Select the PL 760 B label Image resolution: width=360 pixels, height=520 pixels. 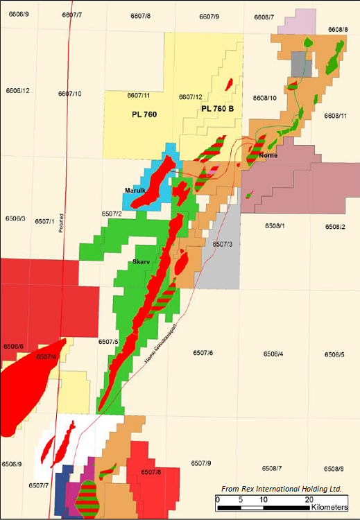[x=216, y=109]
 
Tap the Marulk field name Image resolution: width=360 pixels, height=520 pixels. [x=136, y=190]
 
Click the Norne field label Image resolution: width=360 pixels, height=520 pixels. [x=268, y=155]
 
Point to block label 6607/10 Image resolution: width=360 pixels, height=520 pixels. [x=69, y=94]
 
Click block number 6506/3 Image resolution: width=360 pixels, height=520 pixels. [x=15, y=218]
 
